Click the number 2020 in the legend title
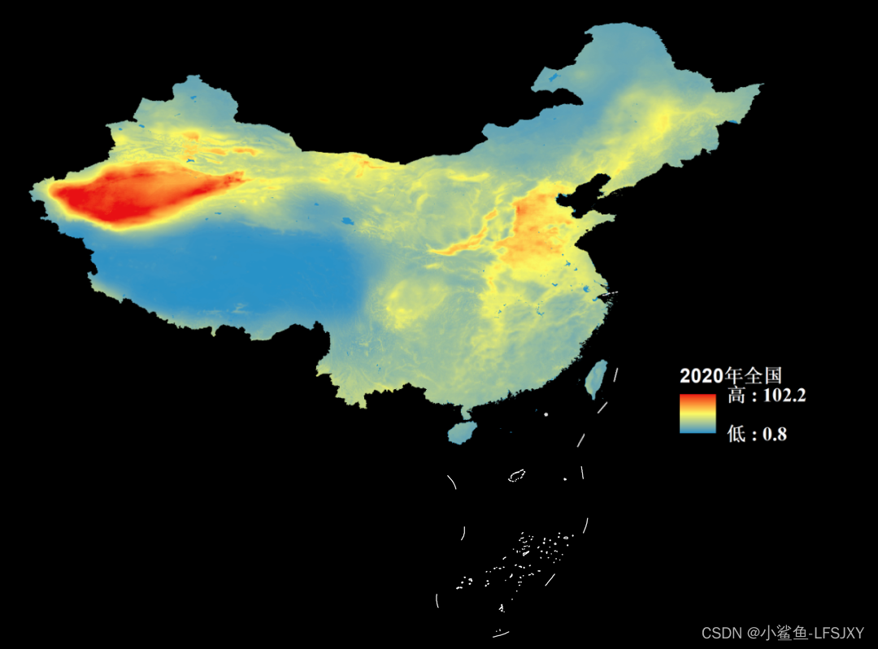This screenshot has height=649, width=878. [701, 376]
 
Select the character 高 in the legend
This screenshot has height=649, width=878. [736, 396]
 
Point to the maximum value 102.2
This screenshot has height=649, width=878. [779, 396]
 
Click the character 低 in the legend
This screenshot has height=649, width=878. [736, 435]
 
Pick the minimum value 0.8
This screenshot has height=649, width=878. [774, 435]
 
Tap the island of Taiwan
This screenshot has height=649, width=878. [597, 377]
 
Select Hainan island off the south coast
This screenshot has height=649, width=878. [462, 431]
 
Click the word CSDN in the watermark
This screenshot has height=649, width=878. [719, 633]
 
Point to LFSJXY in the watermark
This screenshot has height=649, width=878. [837, 633]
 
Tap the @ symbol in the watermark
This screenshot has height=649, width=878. [754, 633]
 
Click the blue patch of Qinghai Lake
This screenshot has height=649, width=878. [348, 220]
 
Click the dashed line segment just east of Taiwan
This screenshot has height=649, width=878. [615, 374]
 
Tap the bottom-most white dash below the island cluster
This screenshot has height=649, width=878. [501, 633]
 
